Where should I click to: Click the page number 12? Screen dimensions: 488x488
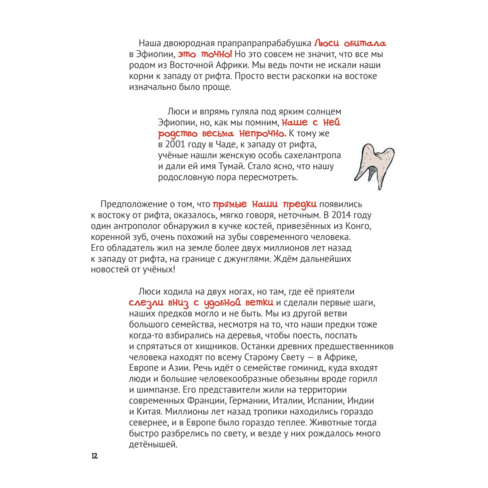(94, 456)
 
